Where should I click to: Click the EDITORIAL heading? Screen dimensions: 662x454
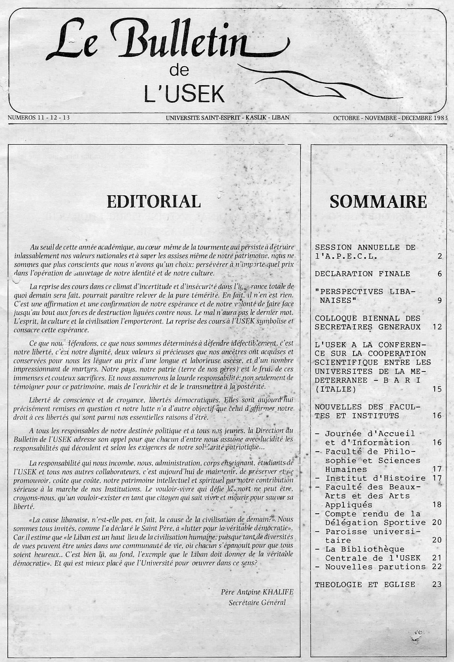[x=154, y=202]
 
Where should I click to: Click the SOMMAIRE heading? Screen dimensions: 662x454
[x=378, y=202]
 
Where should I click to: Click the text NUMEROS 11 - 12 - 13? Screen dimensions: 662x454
[x=39, y=117]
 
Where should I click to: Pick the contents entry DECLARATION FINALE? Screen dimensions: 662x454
[x=362, y=274]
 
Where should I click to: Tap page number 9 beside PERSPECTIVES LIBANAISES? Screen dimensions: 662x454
[x=440, y=300]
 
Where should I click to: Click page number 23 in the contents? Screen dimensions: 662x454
[x=437, y=585]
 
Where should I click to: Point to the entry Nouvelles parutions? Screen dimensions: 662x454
[x=375, y=567]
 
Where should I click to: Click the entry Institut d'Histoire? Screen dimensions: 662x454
[x=375, y=478]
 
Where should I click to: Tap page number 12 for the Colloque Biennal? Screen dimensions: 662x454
[x=437, y=327]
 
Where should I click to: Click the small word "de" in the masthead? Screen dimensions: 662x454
[x=179, y=70]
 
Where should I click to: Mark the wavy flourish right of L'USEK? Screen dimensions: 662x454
[x=319, y=82]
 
